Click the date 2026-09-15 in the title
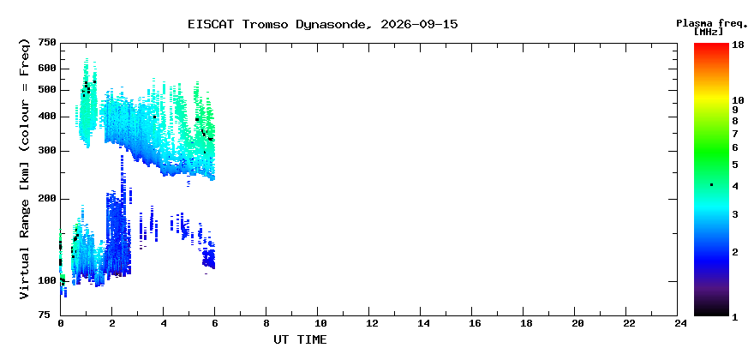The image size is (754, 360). (x=419, y=25)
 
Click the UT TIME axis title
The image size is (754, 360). (x=300, y=339)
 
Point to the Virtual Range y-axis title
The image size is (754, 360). (x=25, y=169)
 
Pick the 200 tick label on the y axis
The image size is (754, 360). (x=48, y=198)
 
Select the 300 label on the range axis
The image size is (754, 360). (x=48, y=151)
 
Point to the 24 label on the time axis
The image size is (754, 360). (x=678, y=323)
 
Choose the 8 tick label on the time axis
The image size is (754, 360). (x=266, y=323)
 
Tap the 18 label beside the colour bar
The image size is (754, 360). (x=738, y=45)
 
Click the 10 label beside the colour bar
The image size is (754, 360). (x=738, y=100)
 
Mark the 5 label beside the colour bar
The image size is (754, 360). (x=735, y=165)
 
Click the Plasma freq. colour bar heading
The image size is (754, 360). (x=712, y=23)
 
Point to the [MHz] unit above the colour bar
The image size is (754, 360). (x=709, y=32)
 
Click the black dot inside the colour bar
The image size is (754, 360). (x=711, y=185)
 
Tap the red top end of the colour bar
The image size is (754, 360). (x=711, y=45)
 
